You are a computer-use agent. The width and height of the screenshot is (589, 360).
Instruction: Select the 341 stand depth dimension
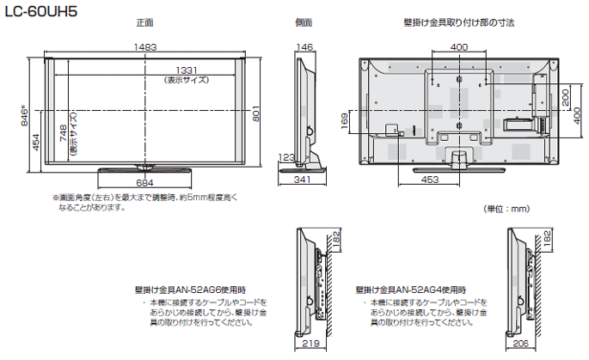[x=302, y=180]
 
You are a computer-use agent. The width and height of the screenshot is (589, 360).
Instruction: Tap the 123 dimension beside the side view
[x=287, y=156]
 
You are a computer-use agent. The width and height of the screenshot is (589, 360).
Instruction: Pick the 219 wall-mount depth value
[x=310, y=343]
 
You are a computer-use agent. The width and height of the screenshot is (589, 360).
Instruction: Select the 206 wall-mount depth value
[x=521, y=343]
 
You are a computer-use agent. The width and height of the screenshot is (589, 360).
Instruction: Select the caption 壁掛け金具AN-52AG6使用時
[x=190, y=290]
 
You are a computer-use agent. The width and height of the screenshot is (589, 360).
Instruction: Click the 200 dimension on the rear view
[x=567, y=95]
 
